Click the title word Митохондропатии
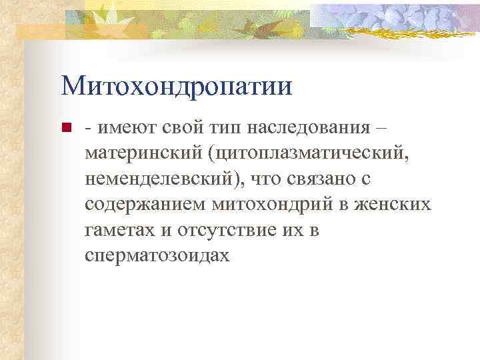(176, 87)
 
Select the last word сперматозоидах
(157, 255)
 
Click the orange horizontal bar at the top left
(40, 30)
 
